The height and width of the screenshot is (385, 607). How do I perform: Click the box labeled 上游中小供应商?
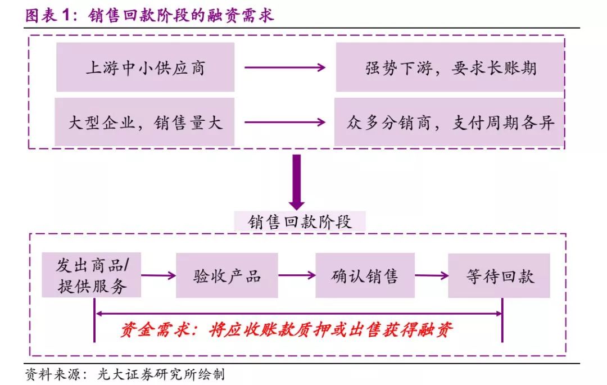coord(145,67)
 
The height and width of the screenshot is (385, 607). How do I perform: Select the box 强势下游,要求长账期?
coord(450,67)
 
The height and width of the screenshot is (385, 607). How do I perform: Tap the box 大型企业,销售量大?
coord(144,122)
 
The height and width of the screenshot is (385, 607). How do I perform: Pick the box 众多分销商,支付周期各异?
coord(449,122)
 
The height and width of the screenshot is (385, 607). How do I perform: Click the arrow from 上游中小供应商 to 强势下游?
coord(285,67)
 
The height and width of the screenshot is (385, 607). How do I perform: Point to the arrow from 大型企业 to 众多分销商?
coord(285,123)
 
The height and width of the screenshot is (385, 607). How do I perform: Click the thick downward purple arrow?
coord(297,182)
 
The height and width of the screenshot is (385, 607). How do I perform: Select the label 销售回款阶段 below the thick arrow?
coord(300,221)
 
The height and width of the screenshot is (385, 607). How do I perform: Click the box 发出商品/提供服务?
coord(92,275)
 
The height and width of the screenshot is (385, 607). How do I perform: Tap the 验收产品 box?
coord(227,275)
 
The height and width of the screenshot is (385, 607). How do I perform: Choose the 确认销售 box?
coord(365,275)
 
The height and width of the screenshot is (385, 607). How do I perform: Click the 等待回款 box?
coord(499,275)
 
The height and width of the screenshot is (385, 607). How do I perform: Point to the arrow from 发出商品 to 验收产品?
coord(158,275)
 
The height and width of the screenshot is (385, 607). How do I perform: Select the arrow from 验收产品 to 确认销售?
coord(297,275)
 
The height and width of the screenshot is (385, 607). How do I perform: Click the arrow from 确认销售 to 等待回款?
coord(432,275)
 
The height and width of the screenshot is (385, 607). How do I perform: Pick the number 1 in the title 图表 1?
coord(66,15)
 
